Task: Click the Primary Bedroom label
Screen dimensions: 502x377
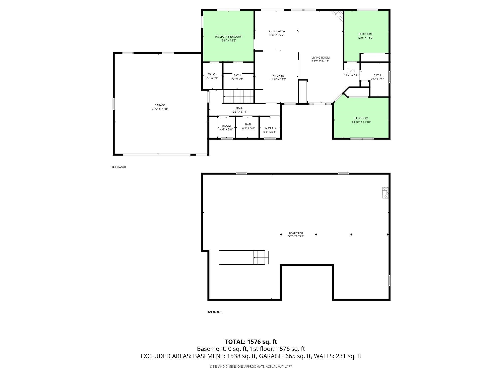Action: (228, 37)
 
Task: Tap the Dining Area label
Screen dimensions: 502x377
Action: (276, 31)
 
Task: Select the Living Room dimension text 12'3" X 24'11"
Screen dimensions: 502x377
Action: (321, 61)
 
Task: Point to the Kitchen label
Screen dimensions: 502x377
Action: (278, 76)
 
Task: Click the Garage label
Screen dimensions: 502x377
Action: (160, 105)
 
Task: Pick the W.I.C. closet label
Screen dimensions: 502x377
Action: (212, 74)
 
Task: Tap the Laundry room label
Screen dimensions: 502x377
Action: (270, 128)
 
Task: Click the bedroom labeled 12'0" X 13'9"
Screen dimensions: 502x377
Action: (365, 36)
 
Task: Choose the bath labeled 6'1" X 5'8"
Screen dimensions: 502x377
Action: (248, 126)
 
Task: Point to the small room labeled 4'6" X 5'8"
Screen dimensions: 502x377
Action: (226, 127)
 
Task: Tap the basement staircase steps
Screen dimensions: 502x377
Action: (261, 258)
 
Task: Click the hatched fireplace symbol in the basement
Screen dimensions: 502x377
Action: (385, 193)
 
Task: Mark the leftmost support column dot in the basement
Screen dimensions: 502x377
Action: (281, 234)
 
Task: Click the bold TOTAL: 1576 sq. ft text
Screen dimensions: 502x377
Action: (251, 342)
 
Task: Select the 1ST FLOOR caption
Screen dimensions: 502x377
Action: (119, 167)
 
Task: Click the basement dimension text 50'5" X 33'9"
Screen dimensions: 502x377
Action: (296, 236)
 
